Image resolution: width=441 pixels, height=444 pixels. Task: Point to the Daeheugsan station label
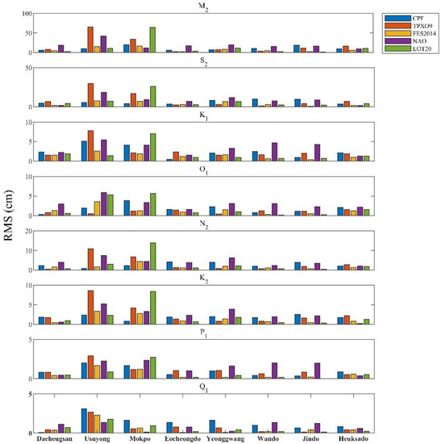tap(54, 438)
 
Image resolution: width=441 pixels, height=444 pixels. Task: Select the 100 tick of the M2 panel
tap(26, 15)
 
